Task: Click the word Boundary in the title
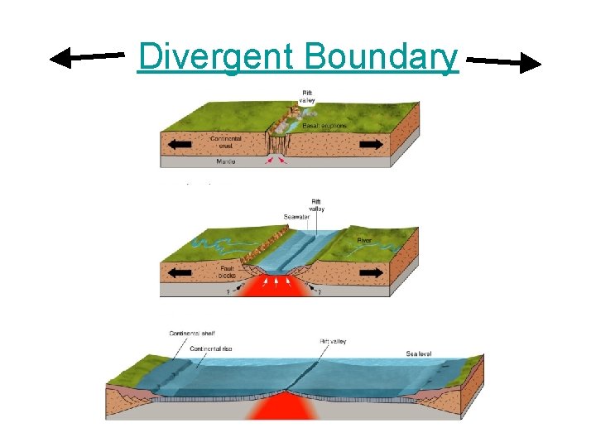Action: point(381,57)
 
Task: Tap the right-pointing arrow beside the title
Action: point(504,61)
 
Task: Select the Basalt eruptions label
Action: point(324,126)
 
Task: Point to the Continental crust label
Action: point(226,142)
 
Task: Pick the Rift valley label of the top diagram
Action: point(308,95)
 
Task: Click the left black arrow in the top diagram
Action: point(180,144)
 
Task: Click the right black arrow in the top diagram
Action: point(372,144)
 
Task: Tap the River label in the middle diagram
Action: point(364,241)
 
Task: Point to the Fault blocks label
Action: point(228,272)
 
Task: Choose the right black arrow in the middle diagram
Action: point(372,272)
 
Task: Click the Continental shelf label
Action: point(193,334)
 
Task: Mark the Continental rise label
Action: point(211,348)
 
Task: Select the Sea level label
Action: point(421,353)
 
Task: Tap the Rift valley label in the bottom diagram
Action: point(334,340)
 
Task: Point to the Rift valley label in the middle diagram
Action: point(317,204)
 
